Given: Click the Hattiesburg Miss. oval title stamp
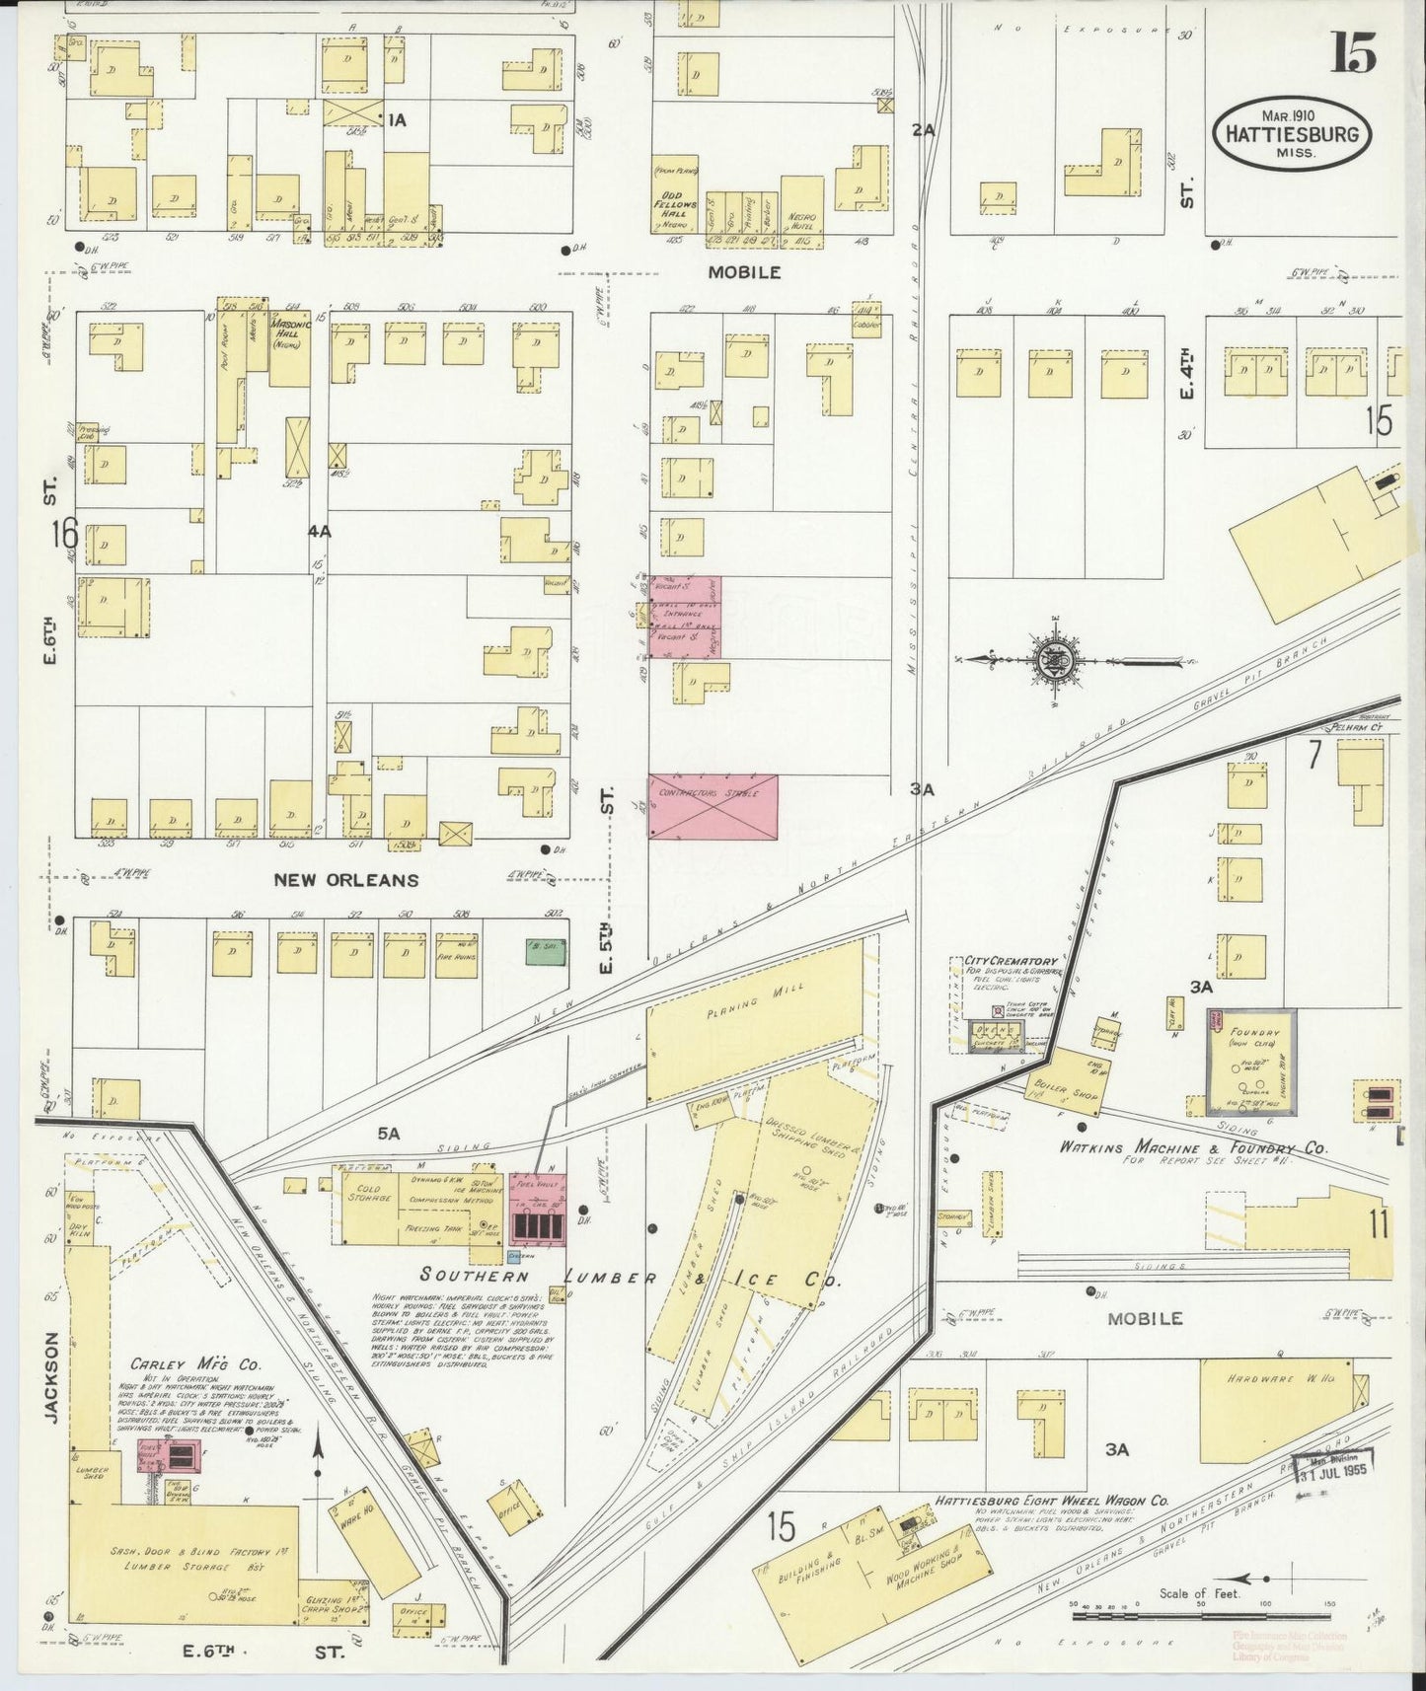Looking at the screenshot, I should pos(1291,134).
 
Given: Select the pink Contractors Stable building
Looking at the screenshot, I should pos(713,806).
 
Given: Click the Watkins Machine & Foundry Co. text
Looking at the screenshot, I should pos(1193,1148).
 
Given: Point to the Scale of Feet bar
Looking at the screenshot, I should pos(1201,1616).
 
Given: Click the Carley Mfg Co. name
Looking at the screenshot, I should pos(194,1365).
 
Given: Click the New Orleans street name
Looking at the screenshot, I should pos(345,880).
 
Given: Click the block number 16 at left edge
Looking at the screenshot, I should pos(64,534).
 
